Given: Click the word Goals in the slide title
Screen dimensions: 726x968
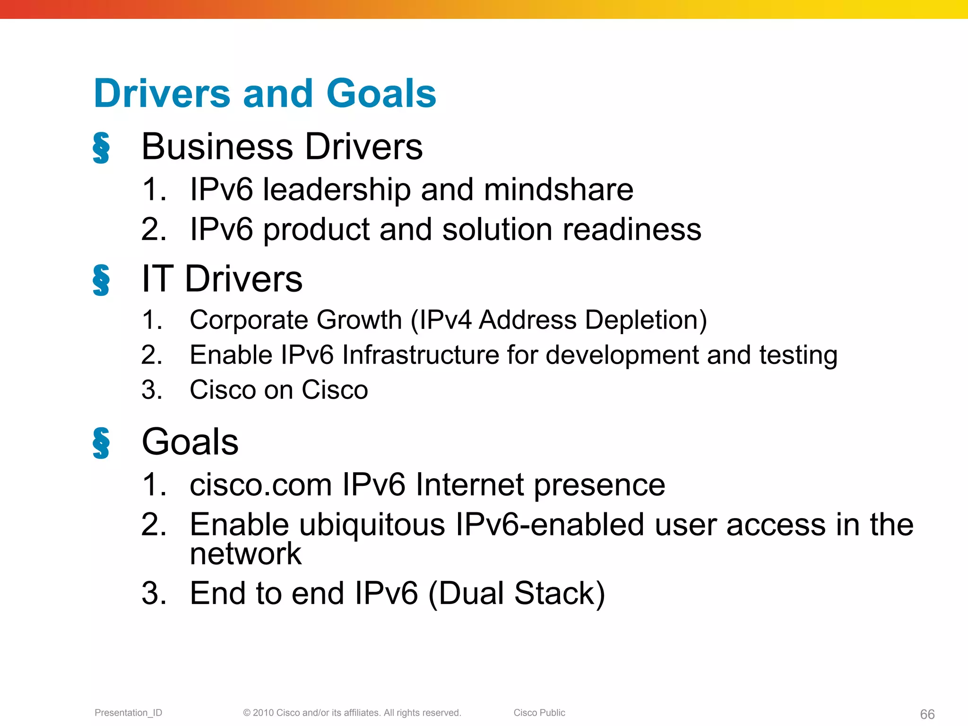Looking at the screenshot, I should pyautogui.click(x=381, y=93).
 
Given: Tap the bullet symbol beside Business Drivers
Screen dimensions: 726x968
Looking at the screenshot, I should pyautogui.click(x=101, y=148).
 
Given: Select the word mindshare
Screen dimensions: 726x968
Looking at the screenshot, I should pyautogui.click(x=558, y=190).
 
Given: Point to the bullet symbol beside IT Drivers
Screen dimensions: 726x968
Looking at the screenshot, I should pyautogui.click(x=101, y=280).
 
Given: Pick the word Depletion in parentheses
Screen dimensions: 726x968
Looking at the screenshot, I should pyautogui.click(x=646, y=320).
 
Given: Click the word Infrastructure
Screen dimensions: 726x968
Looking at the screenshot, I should pyautogui.click(x=420, y=355).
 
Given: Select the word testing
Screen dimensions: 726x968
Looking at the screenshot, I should pyautogui.click(x=798, y=355).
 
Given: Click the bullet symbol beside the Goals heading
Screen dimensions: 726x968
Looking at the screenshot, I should pyautogui.click(x=101, y=443).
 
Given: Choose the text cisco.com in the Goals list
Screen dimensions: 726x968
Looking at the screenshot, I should pyautogui.click(x=260, y=485).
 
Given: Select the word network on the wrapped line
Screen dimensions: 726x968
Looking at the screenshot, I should pyautogui.click(x=245, y=553).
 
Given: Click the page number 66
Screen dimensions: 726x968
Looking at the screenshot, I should pyautogui.click(x=927, y=714).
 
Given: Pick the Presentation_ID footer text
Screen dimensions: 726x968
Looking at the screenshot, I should pyautogui.click(x=128, y=713).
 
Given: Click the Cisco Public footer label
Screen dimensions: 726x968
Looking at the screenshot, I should pyautogui.click(x=539, y=713).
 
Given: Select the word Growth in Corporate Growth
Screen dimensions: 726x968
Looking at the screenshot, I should pyautogui.click(x=359, y=320).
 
